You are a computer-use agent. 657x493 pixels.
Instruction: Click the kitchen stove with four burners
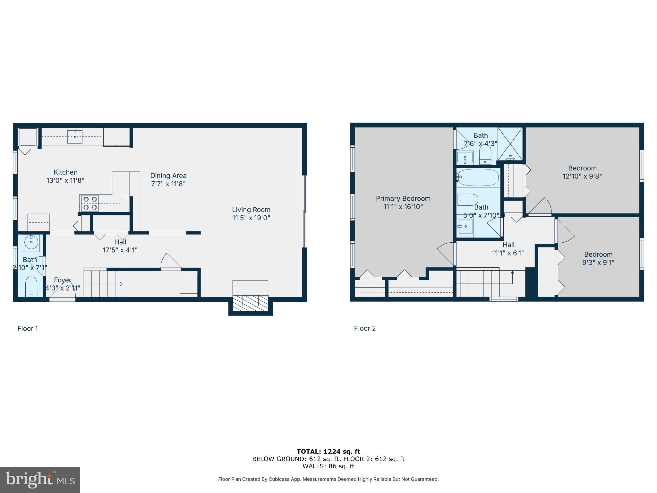90,203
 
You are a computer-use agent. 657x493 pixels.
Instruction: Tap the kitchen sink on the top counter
75,136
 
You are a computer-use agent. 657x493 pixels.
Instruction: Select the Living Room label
251,210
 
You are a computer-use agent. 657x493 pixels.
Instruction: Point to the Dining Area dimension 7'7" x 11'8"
168,184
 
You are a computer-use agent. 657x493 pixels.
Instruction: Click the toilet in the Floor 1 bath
31,286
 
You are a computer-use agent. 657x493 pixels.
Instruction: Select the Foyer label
63,280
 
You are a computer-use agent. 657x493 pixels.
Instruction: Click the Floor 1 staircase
103,284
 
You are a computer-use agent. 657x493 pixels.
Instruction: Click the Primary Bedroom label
403,198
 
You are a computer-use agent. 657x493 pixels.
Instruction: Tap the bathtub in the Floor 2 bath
478,177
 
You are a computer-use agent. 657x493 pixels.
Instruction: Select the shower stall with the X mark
510,143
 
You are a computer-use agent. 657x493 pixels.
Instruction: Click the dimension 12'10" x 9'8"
582,176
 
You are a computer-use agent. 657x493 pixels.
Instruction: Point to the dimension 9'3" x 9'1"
598,263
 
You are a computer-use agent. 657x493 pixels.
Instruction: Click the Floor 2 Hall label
508,245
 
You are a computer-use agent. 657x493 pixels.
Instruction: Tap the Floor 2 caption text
365,328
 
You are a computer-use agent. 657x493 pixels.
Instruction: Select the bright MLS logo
40,480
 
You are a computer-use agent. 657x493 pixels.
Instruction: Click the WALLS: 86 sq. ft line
328,466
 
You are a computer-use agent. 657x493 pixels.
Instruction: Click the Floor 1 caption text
28,328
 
